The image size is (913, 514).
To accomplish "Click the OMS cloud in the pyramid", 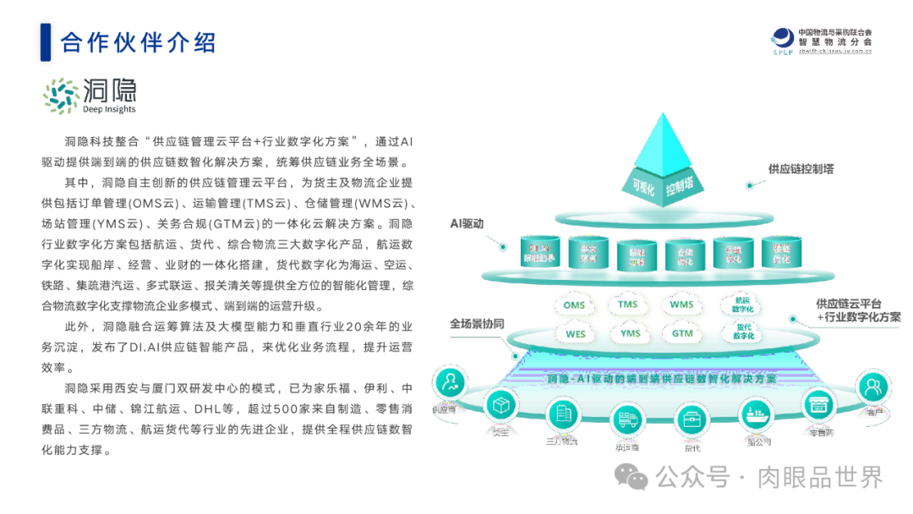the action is tap(575, 305).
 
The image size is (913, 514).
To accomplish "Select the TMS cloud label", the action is tap(627, 304).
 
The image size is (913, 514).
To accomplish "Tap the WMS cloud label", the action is tap(681, 304).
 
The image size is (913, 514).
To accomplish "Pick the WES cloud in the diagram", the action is tap(575, 334).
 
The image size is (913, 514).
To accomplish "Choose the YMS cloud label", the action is tap(630, 334).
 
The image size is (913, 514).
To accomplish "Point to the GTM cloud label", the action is tap(682, 334).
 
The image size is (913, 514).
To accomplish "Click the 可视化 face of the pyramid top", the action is tap(640, 187).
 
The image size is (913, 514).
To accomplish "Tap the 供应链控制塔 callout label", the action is tap(801, 169).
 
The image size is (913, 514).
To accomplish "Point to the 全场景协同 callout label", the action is tap(477, 324).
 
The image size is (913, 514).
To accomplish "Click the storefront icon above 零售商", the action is tap(817, 405).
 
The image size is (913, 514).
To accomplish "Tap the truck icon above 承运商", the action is tap(627, 419).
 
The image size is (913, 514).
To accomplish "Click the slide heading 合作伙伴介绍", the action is tap(139, 41).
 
